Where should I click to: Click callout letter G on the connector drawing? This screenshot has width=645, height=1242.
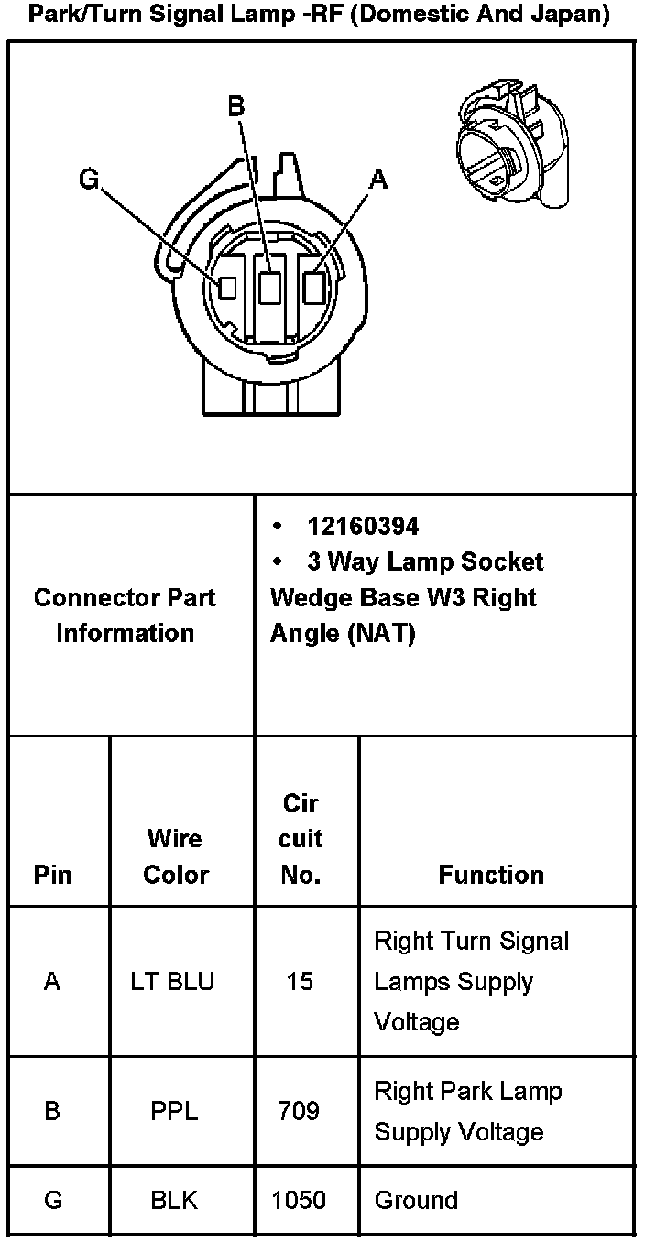click(88, 179)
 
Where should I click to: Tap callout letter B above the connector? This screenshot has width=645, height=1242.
click(235, 108)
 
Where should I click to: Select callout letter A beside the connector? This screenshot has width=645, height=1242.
click(377, 180)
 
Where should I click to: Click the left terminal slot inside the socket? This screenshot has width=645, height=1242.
click(227, 287)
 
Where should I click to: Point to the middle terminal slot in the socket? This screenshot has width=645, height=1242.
click(269, 289)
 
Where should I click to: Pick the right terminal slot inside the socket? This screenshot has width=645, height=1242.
click(314, 288)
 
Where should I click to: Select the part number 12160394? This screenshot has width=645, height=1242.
click(363, 527)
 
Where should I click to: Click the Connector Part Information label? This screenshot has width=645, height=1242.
click(126, 616)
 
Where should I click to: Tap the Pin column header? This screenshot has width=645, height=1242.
click(52, 875)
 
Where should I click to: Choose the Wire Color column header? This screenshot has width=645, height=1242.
click(176, 856)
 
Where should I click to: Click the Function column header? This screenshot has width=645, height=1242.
click(491, 875)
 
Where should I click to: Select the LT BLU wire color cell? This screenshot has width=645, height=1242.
click(173, 982)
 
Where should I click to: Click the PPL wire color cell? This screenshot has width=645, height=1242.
click(174, 1111)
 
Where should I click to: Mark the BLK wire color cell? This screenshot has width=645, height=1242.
click(174, 1200)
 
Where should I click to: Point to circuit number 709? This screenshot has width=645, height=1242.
click(299, 1111)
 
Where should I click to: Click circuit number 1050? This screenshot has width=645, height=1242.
click(300, 1200)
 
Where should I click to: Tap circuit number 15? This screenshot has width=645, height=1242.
click(299, 982)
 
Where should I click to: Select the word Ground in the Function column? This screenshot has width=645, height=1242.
click(416, 1200)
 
